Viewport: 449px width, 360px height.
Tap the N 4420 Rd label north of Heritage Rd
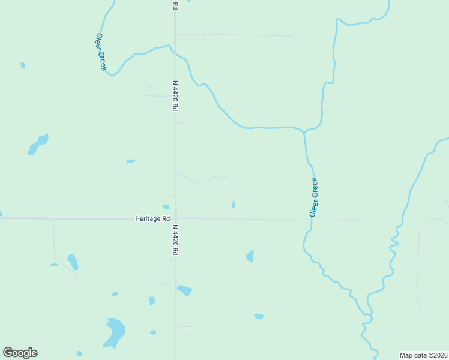point(175,95)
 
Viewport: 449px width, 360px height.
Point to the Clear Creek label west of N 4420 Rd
point(101,52)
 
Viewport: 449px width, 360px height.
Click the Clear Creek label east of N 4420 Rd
point(313,197)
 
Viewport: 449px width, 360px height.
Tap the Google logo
point(20,353)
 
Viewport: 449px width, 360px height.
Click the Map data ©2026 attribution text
point(423,355)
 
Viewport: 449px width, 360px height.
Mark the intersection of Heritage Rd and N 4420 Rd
point(175,218)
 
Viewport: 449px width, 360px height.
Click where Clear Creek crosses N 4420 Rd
point(175,53)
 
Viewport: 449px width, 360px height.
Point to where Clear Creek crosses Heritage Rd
point(312,220)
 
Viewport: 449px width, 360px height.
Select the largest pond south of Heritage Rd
point(113,332)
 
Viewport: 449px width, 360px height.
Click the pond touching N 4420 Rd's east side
point(185,290)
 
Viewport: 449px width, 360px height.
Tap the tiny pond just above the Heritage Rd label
point(166,207)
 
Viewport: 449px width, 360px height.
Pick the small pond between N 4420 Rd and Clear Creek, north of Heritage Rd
point(234,205)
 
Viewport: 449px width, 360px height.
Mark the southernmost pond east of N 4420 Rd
point(259,316)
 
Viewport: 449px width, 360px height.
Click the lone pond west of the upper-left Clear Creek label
point(23,65)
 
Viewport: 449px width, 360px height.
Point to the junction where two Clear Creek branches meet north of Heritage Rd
point(304,131)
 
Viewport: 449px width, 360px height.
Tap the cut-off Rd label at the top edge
point(175,5)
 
